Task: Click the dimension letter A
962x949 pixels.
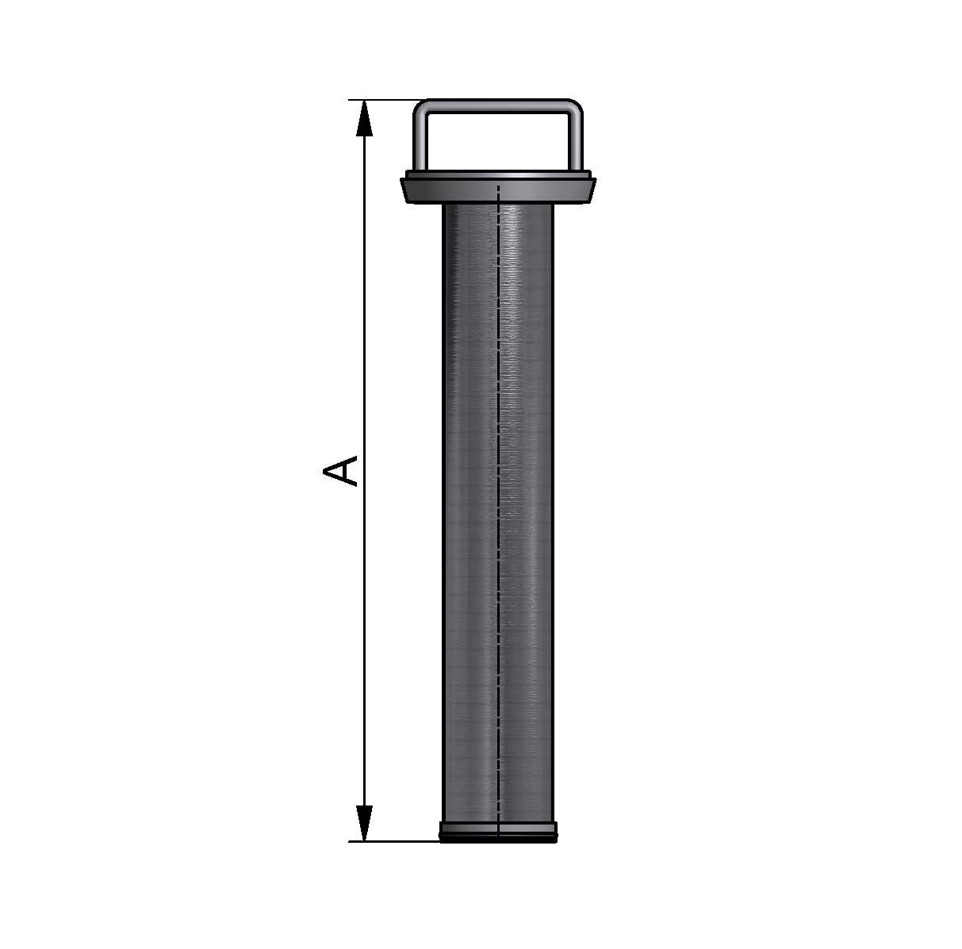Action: point(340,471)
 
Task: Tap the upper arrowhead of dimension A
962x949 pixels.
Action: point(365,118)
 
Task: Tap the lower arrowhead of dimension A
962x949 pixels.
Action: point(365,823)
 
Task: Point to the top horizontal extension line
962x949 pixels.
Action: point(382,100)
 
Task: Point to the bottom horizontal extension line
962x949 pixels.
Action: point(394,842)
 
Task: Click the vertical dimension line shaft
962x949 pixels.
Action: point(365,471)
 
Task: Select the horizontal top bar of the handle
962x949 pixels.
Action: point(498,105)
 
